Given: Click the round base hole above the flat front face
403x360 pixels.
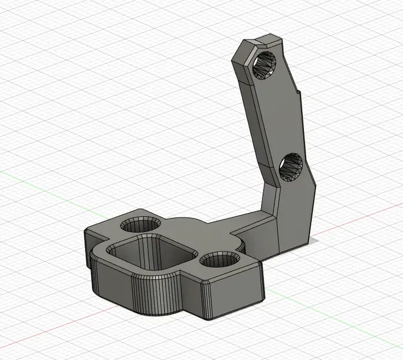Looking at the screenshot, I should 221,261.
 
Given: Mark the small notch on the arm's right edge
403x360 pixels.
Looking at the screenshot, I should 299,93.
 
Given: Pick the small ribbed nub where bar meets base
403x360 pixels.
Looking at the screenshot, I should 244,247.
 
